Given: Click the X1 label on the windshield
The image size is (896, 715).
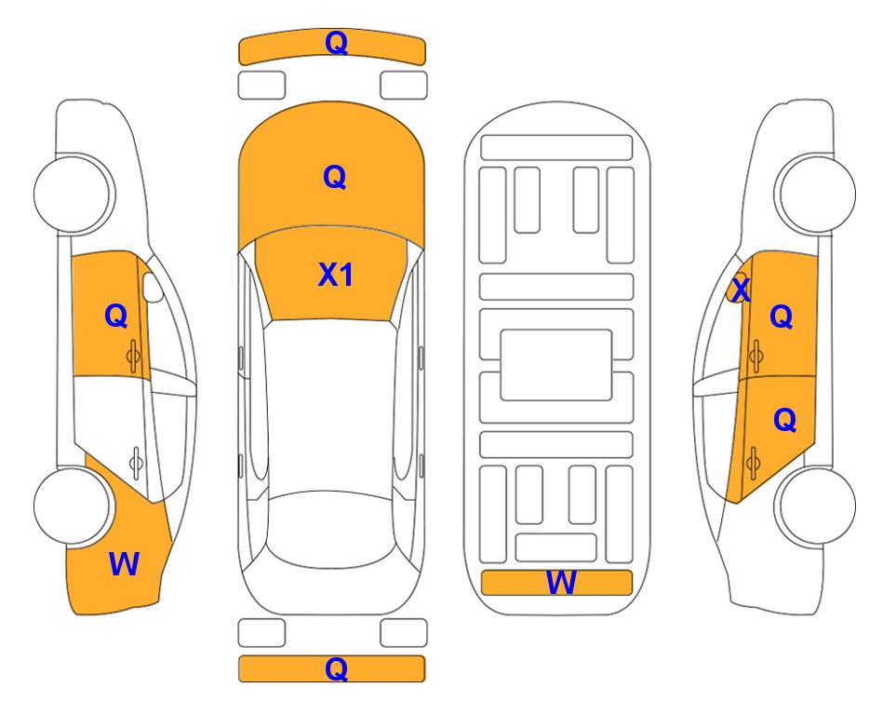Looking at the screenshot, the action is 336,275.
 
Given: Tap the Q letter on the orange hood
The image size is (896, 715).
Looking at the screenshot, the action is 335,177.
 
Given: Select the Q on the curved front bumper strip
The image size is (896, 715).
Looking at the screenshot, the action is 336,42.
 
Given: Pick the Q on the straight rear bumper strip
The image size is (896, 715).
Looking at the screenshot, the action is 336,668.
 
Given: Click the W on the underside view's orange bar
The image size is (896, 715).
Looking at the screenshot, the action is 561,583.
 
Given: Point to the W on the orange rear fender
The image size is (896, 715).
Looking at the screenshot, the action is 124,564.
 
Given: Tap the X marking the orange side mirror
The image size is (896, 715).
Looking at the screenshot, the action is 741,290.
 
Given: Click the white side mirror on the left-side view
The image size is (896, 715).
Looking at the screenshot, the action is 153,287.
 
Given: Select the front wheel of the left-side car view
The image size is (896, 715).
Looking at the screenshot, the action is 74,194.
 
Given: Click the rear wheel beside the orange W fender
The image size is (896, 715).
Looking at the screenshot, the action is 74,506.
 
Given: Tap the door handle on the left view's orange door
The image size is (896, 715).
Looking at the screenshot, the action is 134,357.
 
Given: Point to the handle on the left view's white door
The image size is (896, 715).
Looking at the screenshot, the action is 136,463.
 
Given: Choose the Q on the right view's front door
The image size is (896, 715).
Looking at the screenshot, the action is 782,317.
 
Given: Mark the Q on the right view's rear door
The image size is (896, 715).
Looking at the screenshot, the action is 784,421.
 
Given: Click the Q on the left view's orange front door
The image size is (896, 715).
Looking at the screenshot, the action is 116,316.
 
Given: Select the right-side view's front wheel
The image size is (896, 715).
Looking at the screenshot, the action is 815,194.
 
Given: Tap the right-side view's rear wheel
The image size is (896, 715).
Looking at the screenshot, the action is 815,506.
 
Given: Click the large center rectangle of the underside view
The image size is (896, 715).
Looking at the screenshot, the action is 556,365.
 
